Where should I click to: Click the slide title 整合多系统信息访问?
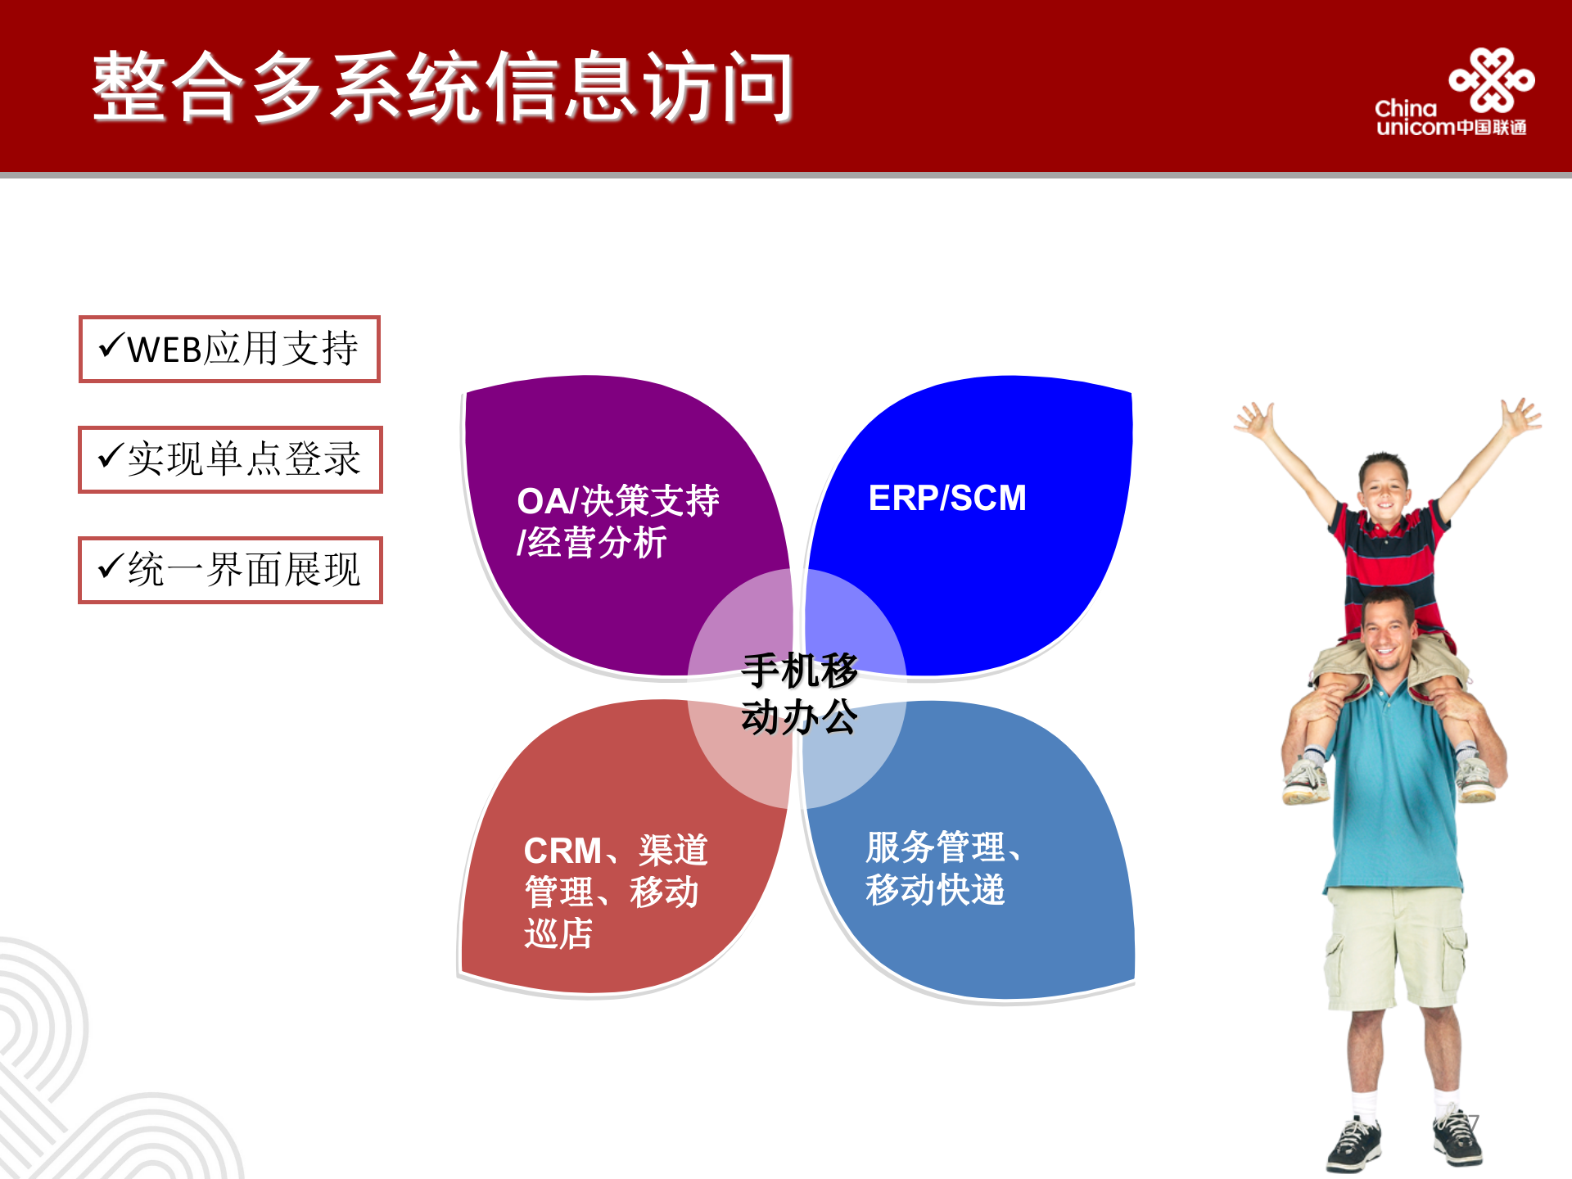[442, 86]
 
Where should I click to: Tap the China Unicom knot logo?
[1492, 79]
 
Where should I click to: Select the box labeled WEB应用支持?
[230, 349]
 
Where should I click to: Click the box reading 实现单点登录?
[230, 459]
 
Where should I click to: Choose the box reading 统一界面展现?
[230, 570]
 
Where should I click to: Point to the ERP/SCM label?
[947, 498]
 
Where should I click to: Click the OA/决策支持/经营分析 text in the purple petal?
[617, 522]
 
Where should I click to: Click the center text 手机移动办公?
[799, 693]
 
